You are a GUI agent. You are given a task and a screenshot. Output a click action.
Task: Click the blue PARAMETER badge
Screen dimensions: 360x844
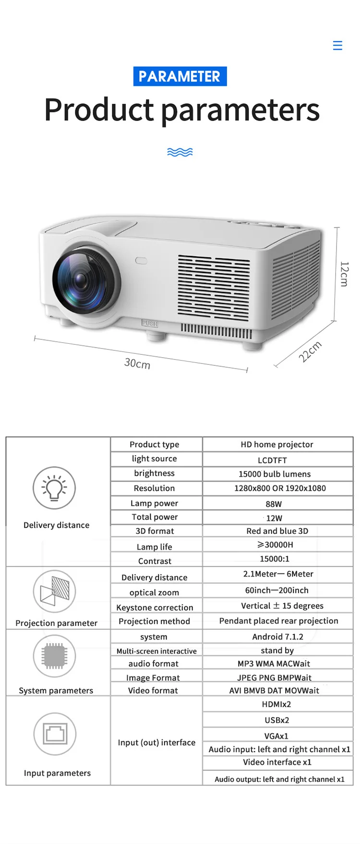coord(180,76)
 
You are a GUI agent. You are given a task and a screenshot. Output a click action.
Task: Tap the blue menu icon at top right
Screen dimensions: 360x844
coord(337,46)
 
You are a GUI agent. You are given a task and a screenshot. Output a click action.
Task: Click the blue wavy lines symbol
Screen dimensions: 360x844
coord(180,152)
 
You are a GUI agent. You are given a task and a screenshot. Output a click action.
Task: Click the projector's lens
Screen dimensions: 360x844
coord(79,278)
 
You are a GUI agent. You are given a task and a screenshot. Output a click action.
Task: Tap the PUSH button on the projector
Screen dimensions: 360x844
coord(149,324)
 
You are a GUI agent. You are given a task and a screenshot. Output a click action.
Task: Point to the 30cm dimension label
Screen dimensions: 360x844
coord(137,363)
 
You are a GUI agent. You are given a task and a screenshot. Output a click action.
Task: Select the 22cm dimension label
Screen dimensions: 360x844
coord(310,352)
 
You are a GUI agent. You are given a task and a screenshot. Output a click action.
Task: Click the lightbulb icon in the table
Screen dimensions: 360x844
coord(54,488)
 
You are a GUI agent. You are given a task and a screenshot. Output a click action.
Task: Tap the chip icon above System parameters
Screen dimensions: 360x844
coord(54,656)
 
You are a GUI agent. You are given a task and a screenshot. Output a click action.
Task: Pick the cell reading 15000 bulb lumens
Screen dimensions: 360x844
coord(275,474)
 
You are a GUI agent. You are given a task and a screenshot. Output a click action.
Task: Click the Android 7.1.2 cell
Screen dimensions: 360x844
coord(277,637)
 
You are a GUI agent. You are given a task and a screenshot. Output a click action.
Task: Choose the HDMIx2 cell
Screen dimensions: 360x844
coord(276,704)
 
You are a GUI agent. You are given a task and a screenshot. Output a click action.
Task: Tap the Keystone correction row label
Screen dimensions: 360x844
coord(155,607)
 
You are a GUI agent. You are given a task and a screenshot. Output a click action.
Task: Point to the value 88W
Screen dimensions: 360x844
coord(274,504)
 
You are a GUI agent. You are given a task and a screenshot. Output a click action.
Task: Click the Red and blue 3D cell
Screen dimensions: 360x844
coord(277,531)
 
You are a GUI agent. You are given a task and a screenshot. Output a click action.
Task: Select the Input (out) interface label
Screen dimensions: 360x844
coord(156,742)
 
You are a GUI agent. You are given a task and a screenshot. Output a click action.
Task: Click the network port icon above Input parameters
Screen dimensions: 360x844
coord(55,734)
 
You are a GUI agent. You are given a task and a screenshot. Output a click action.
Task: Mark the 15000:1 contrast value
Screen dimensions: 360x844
coord(275,559)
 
